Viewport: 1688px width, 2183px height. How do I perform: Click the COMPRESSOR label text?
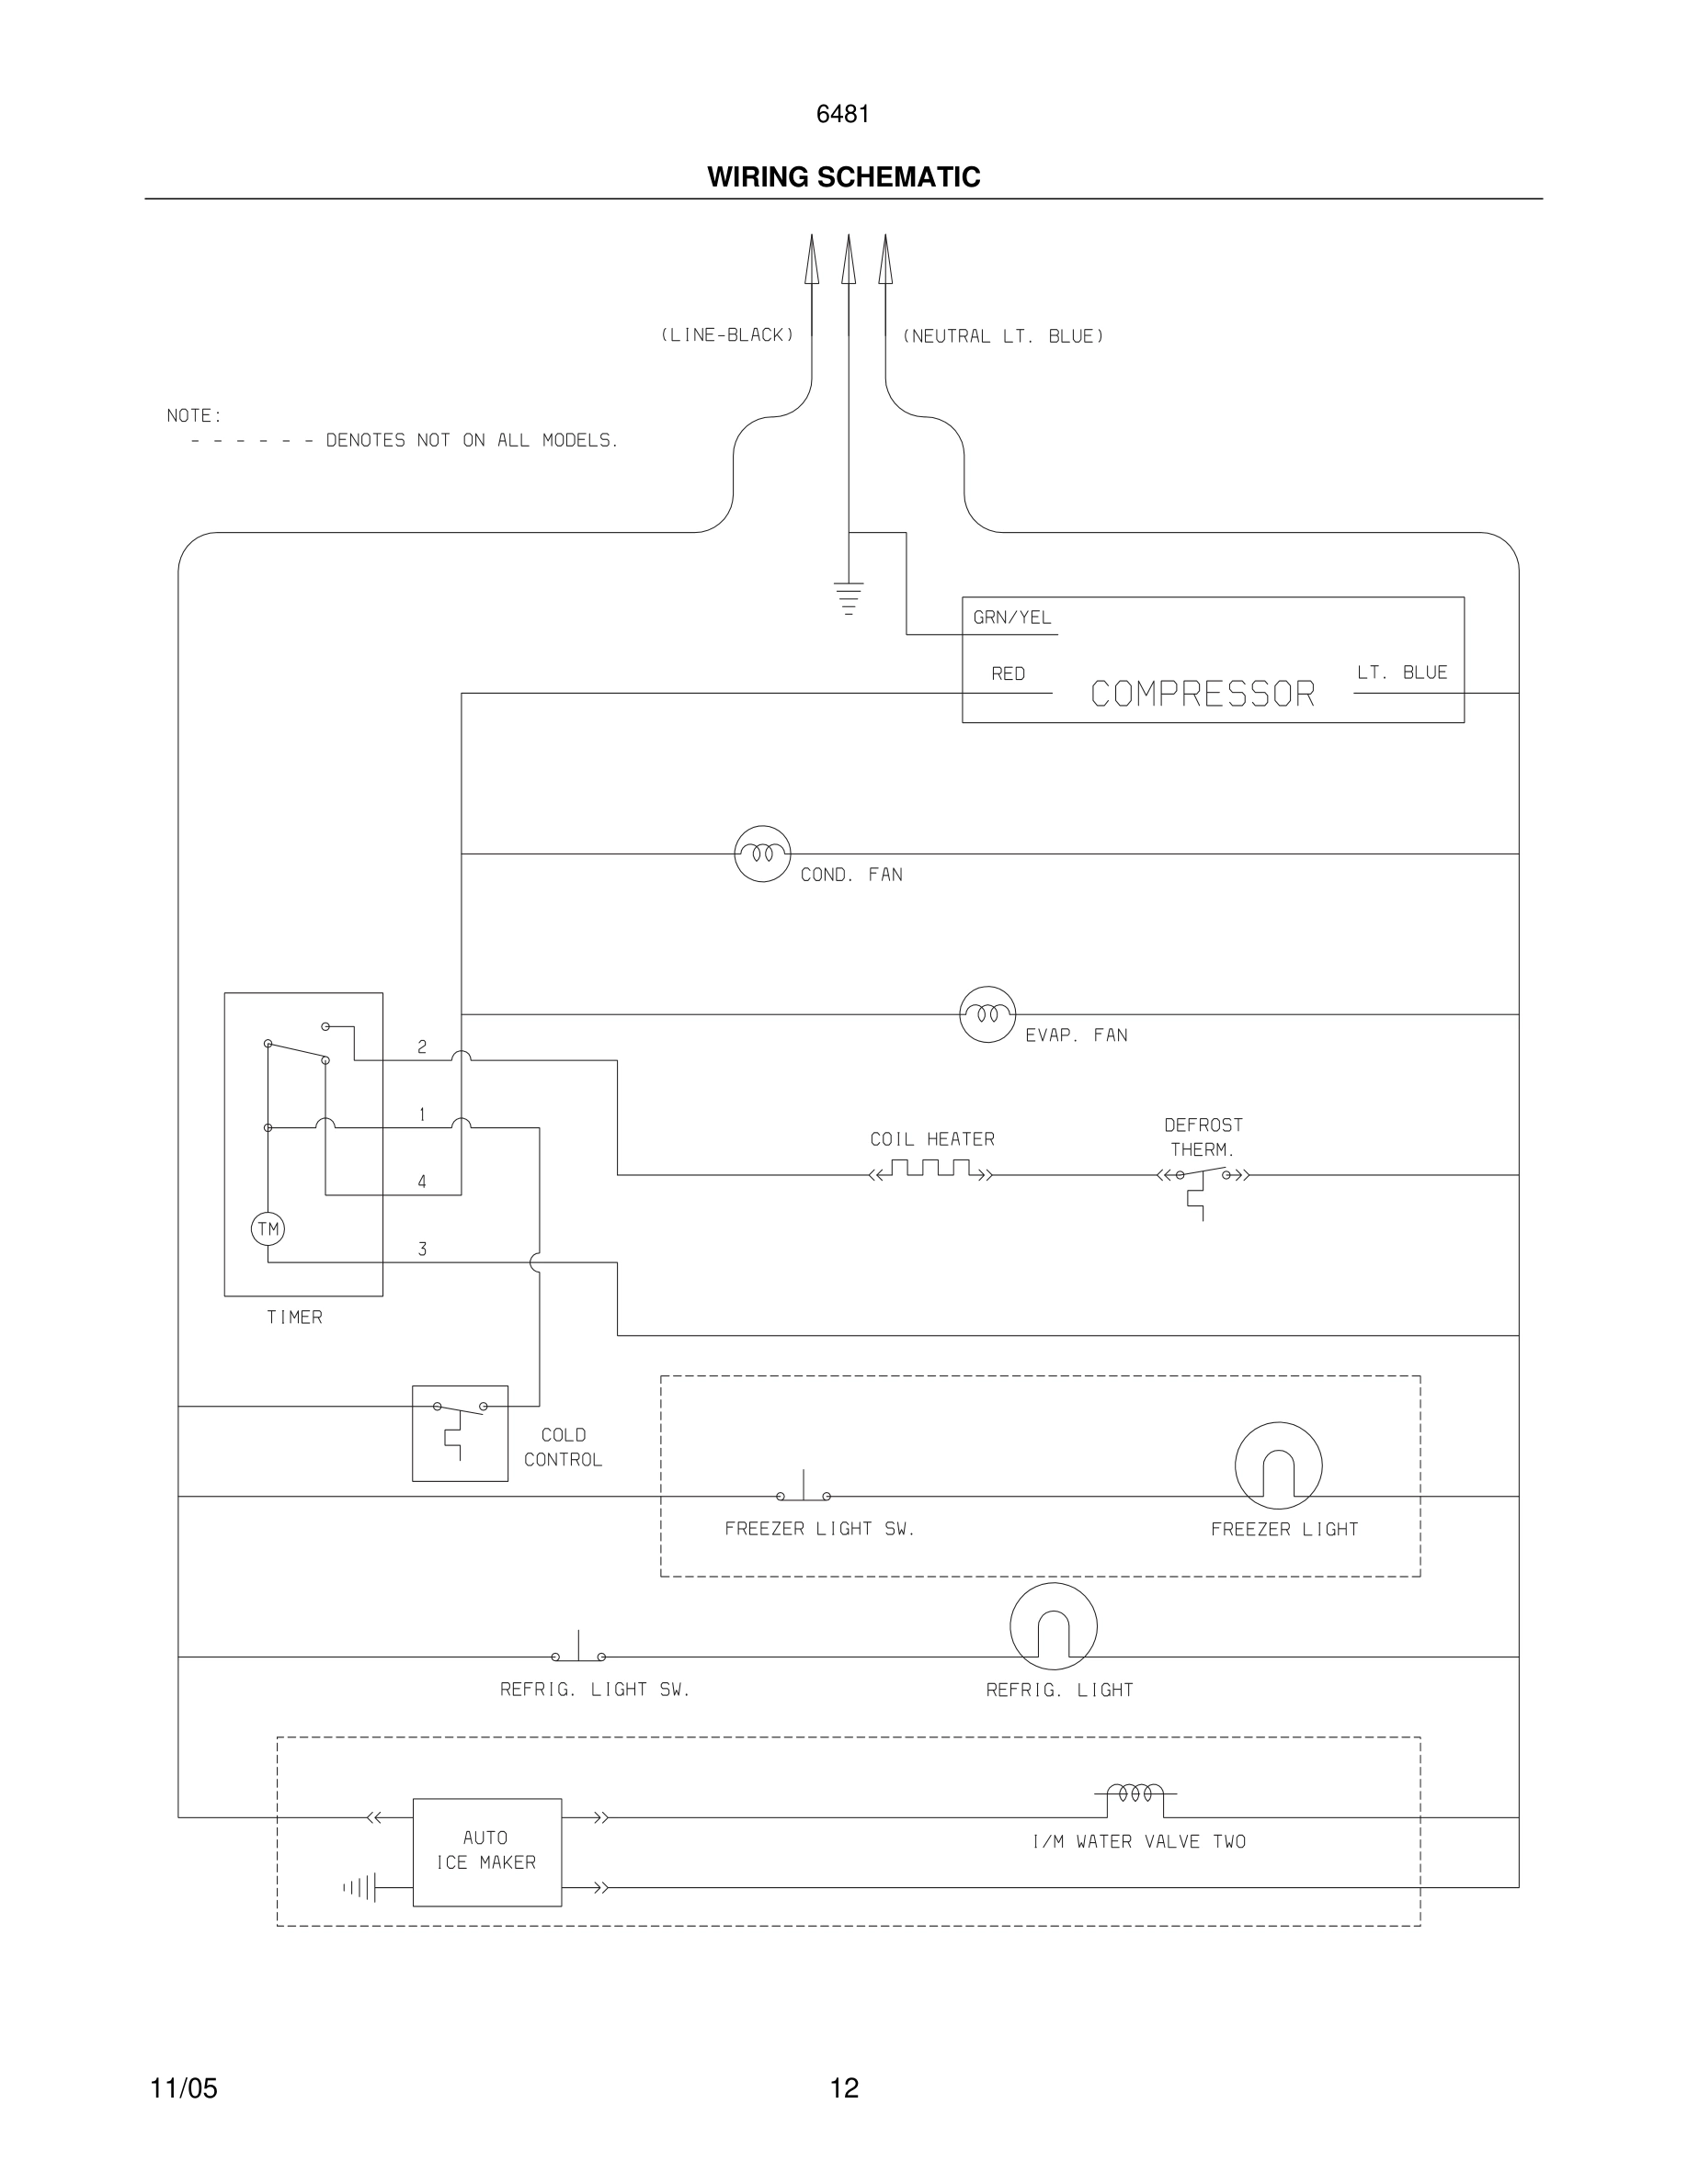tap(1202, 694)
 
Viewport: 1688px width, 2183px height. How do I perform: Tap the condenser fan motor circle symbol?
tap(762, 854)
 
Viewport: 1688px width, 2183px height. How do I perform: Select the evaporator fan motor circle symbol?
tap(987, 1014)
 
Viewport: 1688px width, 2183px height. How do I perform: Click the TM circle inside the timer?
tap(268, 1228)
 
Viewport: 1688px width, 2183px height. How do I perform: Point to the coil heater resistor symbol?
tap(931, 1170)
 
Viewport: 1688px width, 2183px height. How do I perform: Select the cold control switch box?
tap(460, 1432)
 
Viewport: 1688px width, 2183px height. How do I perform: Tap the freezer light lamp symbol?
tap(1278, 1465)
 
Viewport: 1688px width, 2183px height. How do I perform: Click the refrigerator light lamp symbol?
tap(1053, 1626)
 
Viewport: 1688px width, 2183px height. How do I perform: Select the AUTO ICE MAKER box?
tap(487, 1851)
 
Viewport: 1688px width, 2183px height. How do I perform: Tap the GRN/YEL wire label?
tap(1012, 617)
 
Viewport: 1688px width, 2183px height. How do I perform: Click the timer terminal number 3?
tap(422, 1250)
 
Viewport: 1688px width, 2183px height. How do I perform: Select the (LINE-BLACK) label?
tap(727, 334)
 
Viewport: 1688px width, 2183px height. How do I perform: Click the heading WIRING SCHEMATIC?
tap(843, 177)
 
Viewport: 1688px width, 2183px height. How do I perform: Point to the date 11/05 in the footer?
tap(184, 2088)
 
